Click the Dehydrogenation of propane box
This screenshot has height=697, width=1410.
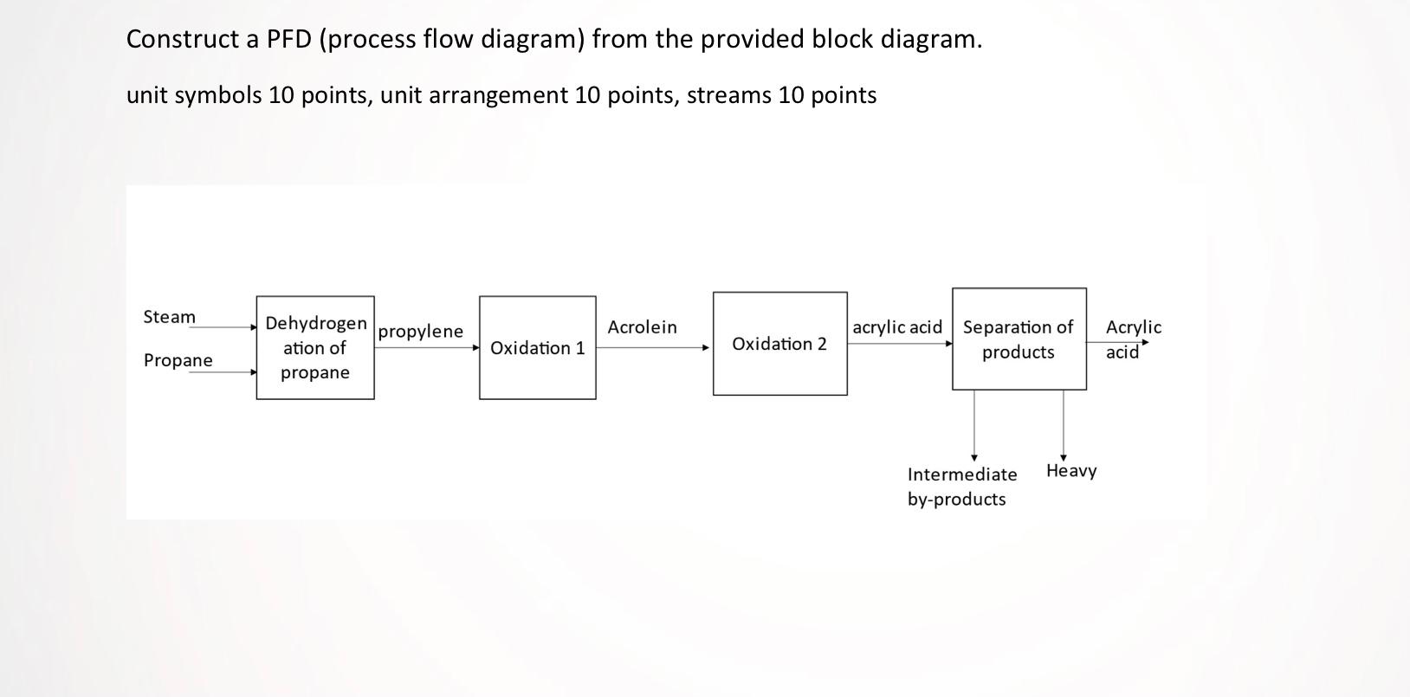(315, 347)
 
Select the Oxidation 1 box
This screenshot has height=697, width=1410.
(537, 347)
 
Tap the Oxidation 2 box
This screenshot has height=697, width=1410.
(779, 344)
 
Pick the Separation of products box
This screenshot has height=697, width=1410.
(1019, 339)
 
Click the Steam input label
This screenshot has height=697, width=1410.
(170, 317)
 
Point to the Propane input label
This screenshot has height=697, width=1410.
(178, 360)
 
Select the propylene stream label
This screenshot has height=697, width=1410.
(421, 331)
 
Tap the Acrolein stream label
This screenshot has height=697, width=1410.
(642, 327)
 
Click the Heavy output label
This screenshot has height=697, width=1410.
(1071, 471)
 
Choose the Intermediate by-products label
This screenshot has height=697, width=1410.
(961, 487)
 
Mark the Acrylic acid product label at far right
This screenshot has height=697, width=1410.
(1133, 339)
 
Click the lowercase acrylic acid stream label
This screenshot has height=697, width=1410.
(897, 327)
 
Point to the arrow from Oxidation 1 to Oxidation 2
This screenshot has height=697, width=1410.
(653, 347)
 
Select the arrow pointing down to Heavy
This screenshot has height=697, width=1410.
(1064, 424)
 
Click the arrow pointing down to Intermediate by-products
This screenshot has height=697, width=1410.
(974, 424)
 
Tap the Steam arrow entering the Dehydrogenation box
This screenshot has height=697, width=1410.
(227, 327)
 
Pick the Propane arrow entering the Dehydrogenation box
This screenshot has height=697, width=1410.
(227, 372)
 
